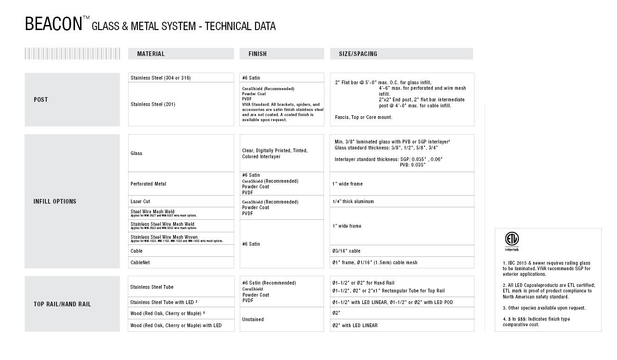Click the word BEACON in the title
(53, 24)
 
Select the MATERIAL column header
(151, 54)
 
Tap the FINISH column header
(257, 54)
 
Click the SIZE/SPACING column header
(358, 54)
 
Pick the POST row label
(41, 99)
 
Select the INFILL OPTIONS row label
(55, 201)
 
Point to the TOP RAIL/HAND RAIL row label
(62, 304)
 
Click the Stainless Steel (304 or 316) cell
(161, 78)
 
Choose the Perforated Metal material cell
(148, 184)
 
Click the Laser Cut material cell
(140, 201)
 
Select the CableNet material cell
(140, 262)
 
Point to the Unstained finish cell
(253, 319)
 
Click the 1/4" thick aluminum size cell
(353, 201)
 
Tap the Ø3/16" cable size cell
(346, 251)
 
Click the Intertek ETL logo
(511, 241)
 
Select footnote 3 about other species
(537, 308)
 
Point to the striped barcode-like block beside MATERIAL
(72, 54)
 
